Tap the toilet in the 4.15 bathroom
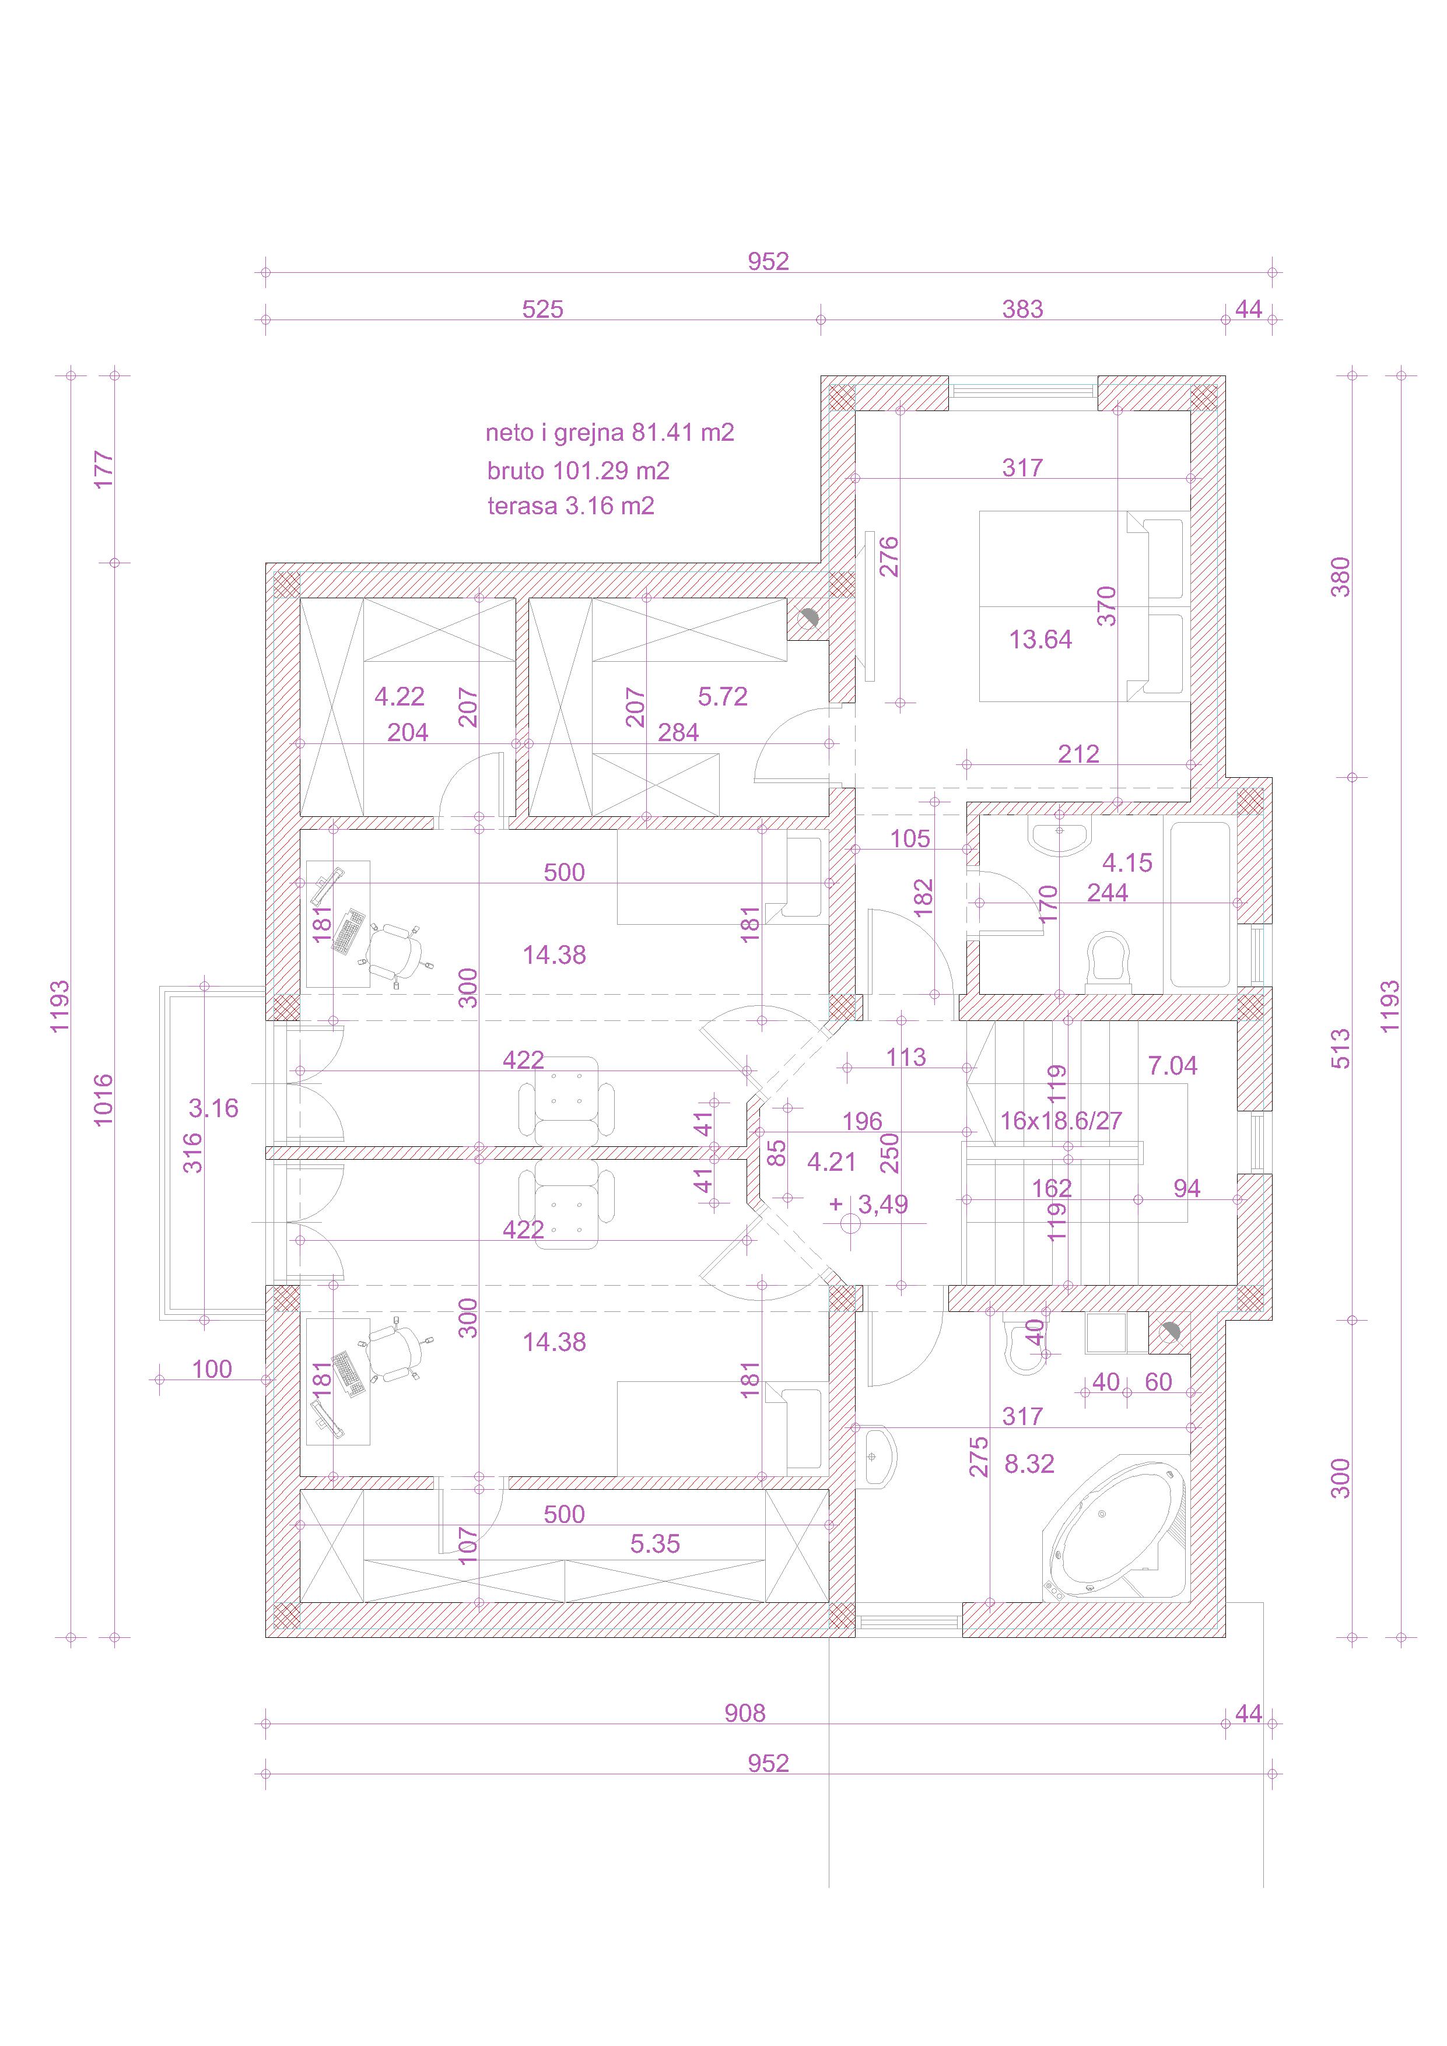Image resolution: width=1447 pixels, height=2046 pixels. [x=1108, y=961]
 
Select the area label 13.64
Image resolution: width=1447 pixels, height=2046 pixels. [x=1040, y=639]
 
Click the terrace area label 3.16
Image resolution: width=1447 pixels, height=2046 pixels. [x=214, y=1108]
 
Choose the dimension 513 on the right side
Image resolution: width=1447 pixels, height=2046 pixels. [x=1340, y=1049]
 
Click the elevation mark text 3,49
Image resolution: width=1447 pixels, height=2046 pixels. [x=882, y=1204]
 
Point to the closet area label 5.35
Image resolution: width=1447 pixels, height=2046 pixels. [x=656, y=1543]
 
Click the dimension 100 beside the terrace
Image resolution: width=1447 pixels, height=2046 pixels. [x=212, y=1368]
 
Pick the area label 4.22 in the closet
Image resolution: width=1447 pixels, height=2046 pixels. [x=400, y=696]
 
